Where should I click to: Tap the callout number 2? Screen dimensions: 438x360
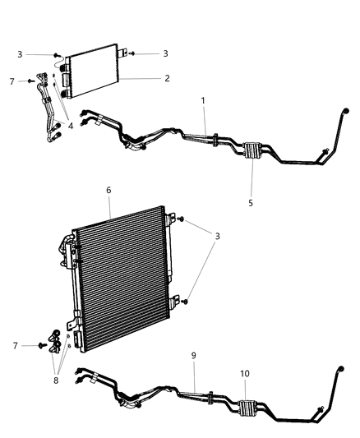tap(167, 79)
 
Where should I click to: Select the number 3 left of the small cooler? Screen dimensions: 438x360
tap(20, 54)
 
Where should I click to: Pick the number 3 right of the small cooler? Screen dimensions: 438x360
tap(165, 53)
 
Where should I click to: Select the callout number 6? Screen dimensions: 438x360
tap(108, 189)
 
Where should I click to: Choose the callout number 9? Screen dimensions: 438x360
tap(194, 355)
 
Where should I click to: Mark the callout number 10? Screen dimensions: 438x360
tap(244, 352)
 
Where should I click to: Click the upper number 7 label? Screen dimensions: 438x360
tap(12, 81)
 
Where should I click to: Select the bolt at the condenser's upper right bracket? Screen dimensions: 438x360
tap(180, 220)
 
